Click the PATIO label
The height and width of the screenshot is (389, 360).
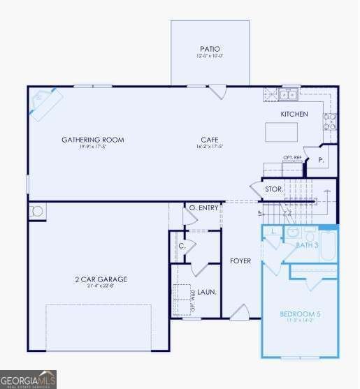(210, 48)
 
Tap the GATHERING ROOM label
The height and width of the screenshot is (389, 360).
(92, 140)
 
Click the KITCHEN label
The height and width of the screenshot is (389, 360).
(294, 114)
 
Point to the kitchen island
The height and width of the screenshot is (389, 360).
(281, 132)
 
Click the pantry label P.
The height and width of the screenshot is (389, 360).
(321, 160)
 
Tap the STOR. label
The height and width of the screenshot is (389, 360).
(273, 189)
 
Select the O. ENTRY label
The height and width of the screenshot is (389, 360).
(203, 207)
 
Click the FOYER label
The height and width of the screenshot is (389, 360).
(240, 261)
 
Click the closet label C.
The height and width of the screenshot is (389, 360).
(182, 245)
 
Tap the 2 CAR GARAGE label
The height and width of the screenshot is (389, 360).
(101, 279)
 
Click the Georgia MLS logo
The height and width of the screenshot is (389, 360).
(29, 380)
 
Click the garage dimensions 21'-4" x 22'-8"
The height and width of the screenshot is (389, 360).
(101, 286)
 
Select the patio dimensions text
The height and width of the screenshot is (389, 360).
(210, 56)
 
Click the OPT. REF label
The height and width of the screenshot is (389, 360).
(292, 158)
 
